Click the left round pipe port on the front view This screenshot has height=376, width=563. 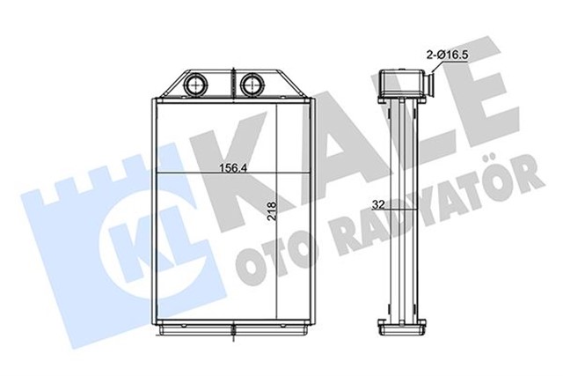point(195,85)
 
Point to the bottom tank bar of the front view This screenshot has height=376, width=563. point(224,328)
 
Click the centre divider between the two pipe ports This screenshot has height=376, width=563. point(225,85)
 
